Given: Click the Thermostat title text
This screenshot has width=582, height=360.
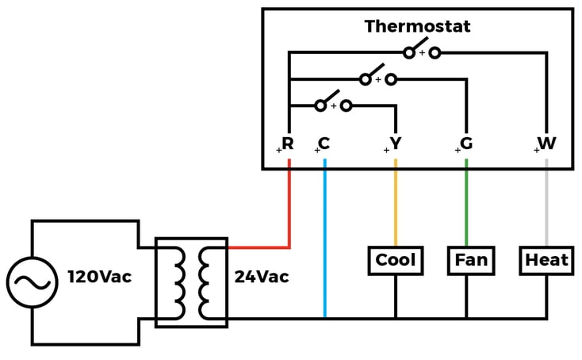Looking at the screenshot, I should [417, 26].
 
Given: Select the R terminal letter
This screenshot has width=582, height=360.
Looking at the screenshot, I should [288, 144].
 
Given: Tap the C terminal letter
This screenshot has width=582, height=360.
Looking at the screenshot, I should [324, 144].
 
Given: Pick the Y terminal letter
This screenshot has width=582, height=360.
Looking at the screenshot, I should [396, 144].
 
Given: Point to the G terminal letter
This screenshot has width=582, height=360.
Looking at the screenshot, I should [466, 144].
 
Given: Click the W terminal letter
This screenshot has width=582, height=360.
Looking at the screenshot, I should [546, 144].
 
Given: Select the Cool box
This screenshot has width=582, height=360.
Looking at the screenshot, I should [395, 260].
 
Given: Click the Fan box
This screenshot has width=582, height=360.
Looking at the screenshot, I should [471, 260].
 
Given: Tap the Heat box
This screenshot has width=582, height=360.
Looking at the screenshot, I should [546, 260].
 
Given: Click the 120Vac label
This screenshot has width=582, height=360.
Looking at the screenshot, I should [99, 278].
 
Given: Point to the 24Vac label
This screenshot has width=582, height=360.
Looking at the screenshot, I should [261, 278].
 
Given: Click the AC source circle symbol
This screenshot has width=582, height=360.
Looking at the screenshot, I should [32, 281].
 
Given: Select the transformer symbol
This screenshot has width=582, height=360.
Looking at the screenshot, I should [191, 282].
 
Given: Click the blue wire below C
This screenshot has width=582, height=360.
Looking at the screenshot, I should [325, 238].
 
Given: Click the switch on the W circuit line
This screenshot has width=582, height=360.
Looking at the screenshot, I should [421, 51].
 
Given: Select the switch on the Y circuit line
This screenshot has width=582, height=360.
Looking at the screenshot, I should [332, 103].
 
